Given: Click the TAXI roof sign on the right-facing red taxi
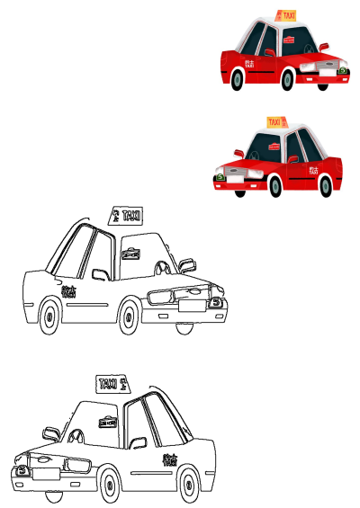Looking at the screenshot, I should click(287, 15).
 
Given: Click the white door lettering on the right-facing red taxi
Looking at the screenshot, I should click(249, 64).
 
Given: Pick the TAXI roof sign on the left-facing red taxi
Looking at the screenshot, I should click(274, 121).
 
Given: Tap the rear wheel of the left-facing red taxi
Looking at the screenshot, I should click(326, 185).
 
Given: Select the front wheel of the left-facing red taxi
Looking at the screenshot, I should click(275, 184).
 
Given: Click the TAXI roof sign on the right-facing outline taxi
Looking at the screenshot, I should click(127, 215).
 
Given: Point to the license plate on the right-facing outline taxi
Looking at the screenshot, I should click(191, 306).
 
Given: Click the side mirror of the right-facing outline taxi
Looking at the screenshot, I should click(187, 264).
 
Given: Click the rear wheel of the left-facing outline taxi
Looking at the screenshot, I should click(188, 485).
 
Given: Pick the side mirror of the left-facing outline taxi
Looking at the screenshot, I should click(51, 434).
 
